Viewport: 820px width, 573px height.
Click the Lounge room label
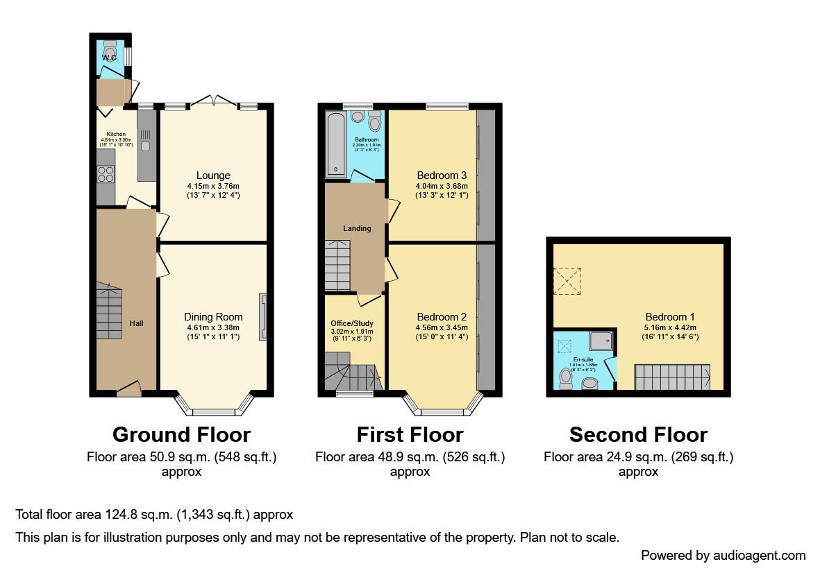(213, 176)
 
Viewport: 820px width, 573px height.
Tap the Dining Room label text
(213, 317)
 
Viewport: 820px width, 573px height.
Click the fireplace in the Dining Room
(262, 317)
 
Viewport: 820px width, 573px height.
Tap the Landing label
(357, 228)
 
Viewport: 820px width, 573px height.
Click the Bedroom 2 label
(437, 317)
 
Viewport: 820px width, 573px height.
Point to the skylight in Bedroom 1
(567, 281)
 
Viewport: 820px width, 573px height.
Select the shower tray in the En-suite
(601, 341)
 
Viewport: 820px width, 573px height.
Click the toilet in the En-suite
(566, 379)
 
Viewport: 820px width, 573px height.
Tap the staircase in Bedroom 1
(672, 377)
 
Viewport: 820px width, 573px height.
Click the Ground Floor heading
(181, 435)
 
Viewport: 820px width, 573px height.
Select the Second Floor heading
(638, 435)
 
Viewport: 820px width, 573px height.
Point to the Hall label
(136, 323)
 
